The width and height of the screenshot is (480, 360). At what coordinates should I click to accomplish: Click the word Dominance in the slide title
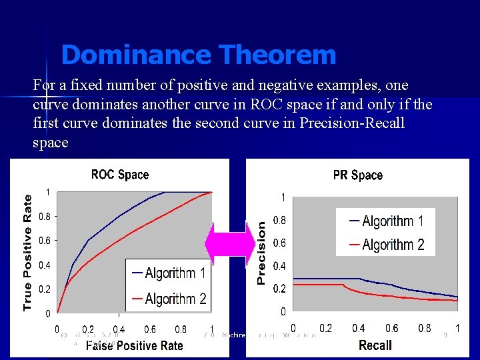click(x=124, y=55)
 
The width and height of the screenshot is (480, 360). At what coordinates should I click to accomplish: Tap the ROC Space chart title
click(x=120, y=175)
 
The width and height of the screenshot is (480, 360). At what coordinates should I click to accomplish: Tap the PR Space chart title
click(x=358, y=175)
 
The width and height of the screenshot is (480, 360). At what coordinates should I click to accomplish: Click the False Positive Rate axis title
click(x=134, y=345)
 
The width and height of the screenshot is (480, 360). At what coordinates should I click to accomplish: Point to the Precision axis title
click(x=261, y=253)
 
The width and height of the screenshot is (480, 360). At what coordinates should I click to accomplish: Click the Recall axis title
click(x=375, y=345)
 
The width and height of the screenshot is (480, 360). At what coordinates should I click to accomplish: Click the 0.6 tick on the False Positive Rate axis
click(x=150, y=329)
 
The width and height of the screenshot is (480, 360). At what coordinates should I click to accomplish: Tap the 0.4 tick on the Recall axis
click(x=358, y=328)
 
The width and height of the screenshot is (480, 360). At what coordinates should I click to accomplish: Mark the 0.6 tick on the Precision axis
click(x=280, y=243)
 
